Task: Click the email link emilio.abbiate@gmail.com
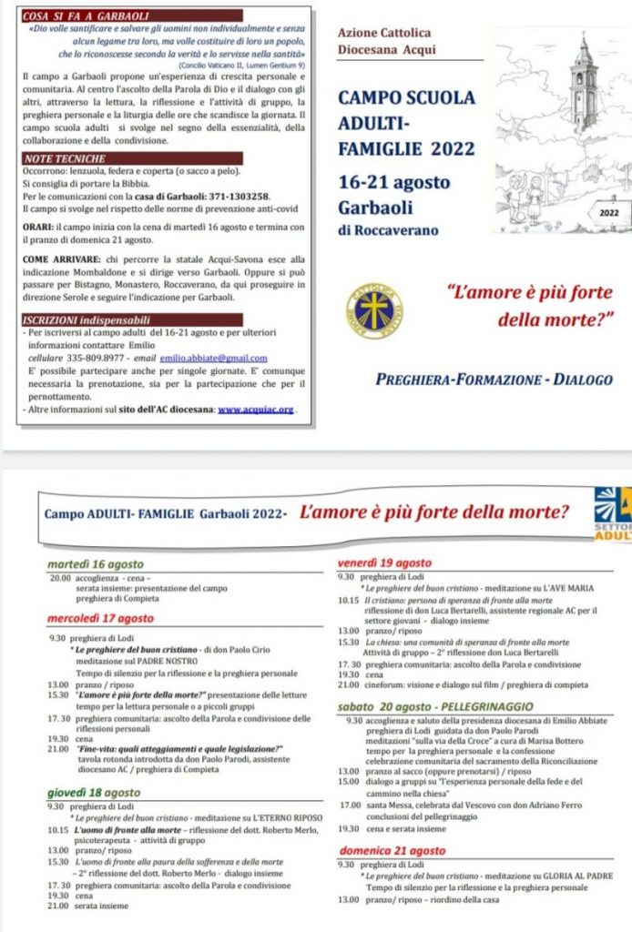214,359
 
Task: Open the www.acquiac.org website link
256,410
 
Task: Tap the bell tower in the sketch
583,86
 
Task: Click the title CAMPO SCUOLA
405,97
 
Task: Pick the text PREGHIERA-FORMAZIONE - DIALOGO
494,379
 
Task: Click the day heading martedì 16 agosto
95,565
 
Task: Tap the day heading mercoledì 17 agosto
100,619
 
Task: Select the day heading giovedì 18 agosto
93,793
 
